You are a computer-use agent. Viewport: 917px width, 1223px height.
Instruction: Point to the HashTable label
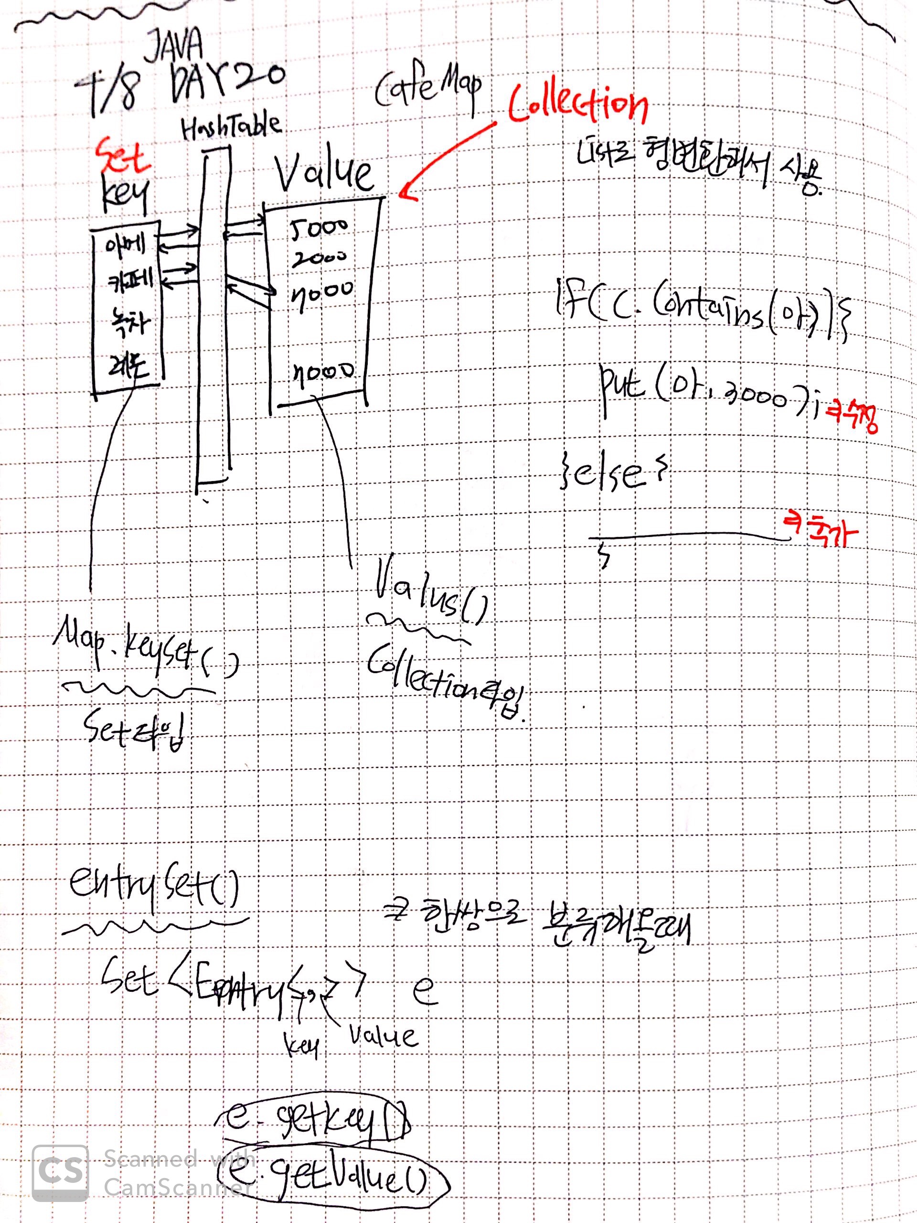click(x=231, y=128)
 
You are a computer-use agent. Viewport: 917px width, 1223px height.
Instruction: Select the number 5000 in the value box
click(x=320, y=228)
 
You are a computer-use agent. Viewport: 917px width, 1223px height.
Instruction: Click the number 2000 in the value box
click(x=320, y=258)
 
